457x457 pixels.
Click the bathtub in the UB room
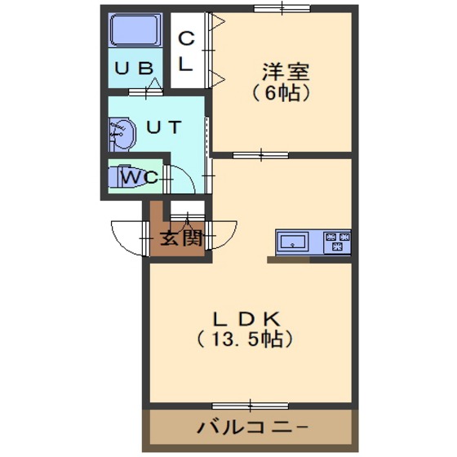[135, 30]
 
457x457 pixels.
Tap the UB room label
[134, 69]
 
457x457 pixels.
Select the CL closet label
[186, 51]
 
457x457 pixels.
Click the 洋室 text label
[286, 72]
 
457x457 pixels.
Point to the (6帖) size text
[281, 93]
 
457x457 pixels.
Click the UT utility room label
[164, 127]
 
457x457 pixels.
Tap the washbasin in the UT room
[122, 135]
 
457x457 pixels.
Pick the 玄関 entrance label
[181, 238]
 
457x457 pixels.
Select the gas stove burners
[337, 241]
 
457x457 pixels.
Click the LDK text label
[246, 319]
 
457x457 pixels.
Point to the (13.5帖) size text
[244, 339]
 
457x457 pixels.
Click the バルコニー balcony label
[252, 428]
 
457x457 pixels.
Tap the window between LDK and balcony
[250, 406]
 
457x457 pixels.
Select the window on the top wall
[282, 9]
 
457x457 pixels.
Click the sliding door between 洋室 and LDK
[260, 155]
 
